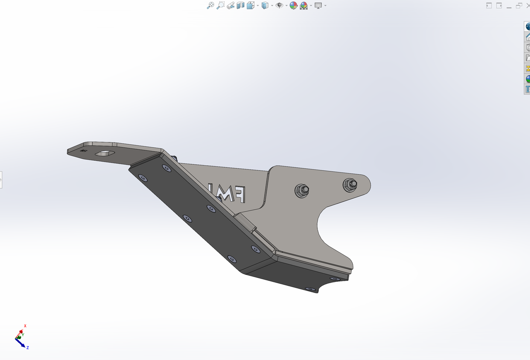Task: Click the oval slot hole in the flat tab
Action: click(x=105, y=153)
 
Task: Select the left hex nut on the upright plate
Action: click(x=302, y=190)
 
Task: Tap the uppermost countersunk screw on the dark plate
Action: click(x=166, y=168)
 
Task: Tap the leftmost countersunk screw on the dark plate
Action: click(x=142, y=177)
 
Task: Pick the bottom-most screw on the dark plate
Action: click(x=310, y=289)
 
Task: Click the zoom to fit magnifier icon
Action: click(x=210, y=5)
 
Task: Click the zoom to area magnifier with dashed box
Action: click(x=220, y=5)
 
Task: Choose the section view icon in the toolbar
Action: click(x=241, y=5)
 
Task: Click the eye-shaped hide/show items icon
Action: click(x=279, y=5)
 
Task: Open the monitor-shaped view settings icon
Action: click(x=318, y=5)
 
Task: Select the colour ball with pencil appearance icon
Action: click(x=293, y=5)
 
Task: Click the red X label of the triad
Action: click(x=25, y=326)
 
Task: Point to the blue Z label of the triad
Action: click(x=28, y=347)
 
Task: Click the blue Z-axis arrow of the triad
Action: click(x=22, y=343)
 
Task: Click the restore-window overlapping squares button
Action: click(x=519, y=5)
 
